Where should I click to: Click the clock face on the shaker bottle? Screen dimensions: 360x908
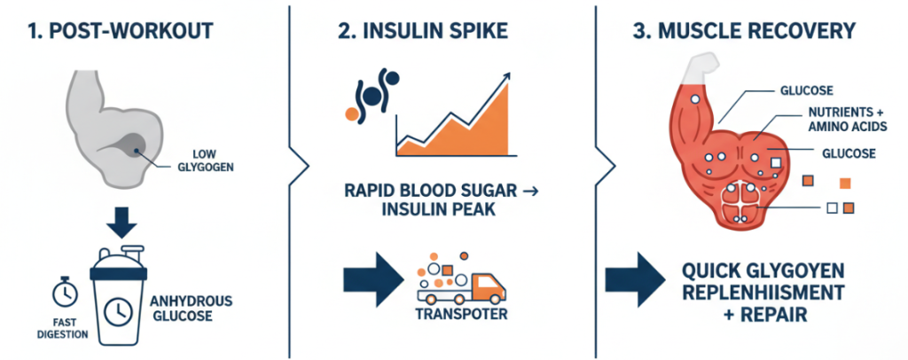tap(120, 309)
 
